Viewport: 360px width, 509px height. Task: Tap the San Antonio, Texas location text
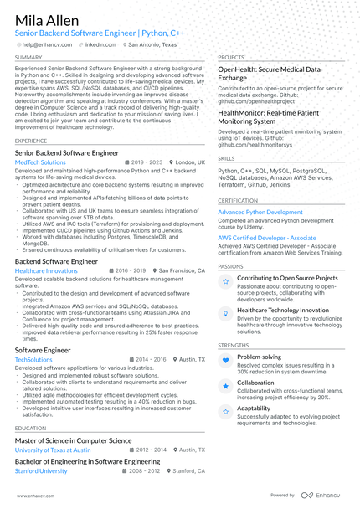pyautogui.click(x=152, y=44)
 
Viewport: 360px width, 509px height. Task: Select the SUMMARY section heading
pyautogui.click(x=29, y=58)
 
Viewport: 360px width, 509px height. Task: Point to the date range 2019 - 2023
pyautogui.click(x=146, y=162)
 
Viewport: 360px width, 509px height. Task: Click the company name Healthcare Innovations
pyautogui.click(x=46, y=271)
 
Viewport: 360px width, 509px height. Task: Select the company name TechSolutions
pyautogui.click(x=33, y=359)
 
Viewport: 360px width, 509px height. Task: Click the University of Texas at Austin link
pyautogui.click(x=53, y=450)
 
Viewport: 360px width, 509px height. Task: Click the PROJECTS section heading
pyautogui.click(x=231, y=58)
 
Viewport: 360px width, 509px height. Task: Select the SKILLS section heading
pyautogui.click(x=226, y=157)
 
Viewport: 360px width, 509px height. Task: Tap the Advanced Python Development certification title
pyautogui.click(x=260, y=212)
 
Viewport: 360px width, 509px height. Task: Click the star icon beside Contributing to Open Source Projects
pyautogui.click(x=225, y=282)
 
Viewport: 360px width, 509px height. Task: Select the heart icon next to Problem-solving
pyautogui.click(x=225, y=360)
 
